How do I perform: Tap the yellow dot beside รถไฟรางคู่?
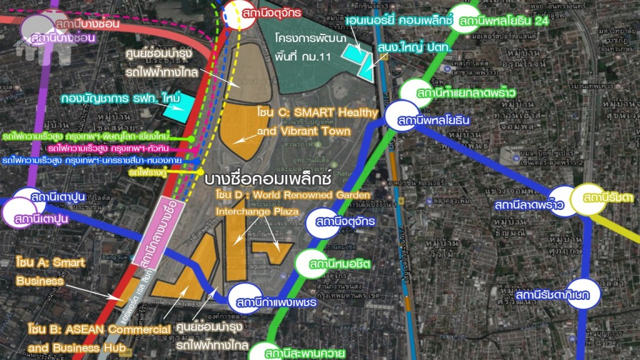(201, 171)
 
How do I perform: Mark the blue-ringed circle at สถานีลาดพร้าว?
(565, 201)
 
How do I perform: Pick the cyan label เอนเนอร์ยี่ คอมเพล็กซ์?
(398, 20)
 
